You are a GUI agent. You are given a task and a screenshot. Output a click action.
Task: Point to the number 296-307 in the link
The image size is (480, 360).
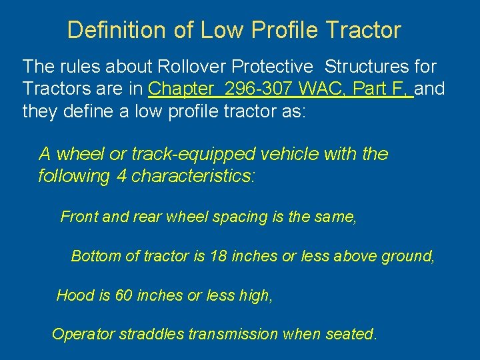tap(261, 89)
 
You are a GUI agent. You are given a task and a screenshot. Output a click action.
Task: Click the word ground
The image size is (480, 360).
tap(407, 256)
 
